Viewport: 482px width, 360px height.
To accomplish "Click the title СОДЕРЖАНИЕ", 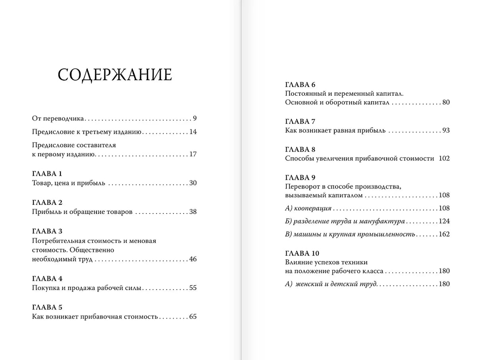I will pos(115,75).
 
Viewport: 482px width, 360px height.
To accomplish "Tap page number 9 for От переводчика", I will pos(195,118).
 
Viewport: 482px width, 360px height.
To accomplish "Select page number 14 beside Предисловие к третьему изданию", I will pos(193,132).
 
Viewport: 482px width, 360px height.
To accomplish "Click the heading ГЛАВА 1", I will pos(47,174).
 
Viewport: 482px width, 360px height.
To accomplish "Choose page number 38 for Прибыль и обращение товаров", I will pos(193,212).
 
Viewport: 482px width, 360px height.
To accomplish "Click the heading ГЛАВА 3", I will pos(47,231).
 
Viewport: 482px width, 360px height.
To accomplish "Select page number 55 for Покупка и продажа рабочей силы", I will pos(193,288).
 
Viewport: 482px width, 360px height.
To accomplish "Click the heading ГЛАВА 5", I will pos(47,307).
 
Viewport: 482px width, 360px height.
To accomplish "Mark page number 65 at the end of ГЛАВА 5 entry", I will pos(193,316).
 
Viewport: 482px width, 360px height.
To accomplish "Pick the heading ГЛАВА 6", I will pos(300,85).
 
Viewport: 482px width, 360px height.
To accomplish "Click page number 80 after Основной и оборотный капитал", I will pos(446,102).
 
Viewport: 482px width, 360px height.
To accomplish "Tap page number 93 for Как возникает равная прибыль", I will pos(446,130).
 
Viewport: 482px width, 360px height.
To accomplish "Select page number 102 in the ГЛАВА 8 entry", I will pos(444,158).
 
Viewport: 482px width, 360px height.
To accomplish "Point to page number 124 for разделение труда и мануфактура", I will pos(444,221).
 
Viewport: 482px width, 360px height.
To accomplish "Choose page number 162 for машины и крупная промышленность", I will pos(444,234).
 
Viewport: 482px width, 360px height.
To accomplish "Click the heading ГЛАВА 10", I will pos(302,253).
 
